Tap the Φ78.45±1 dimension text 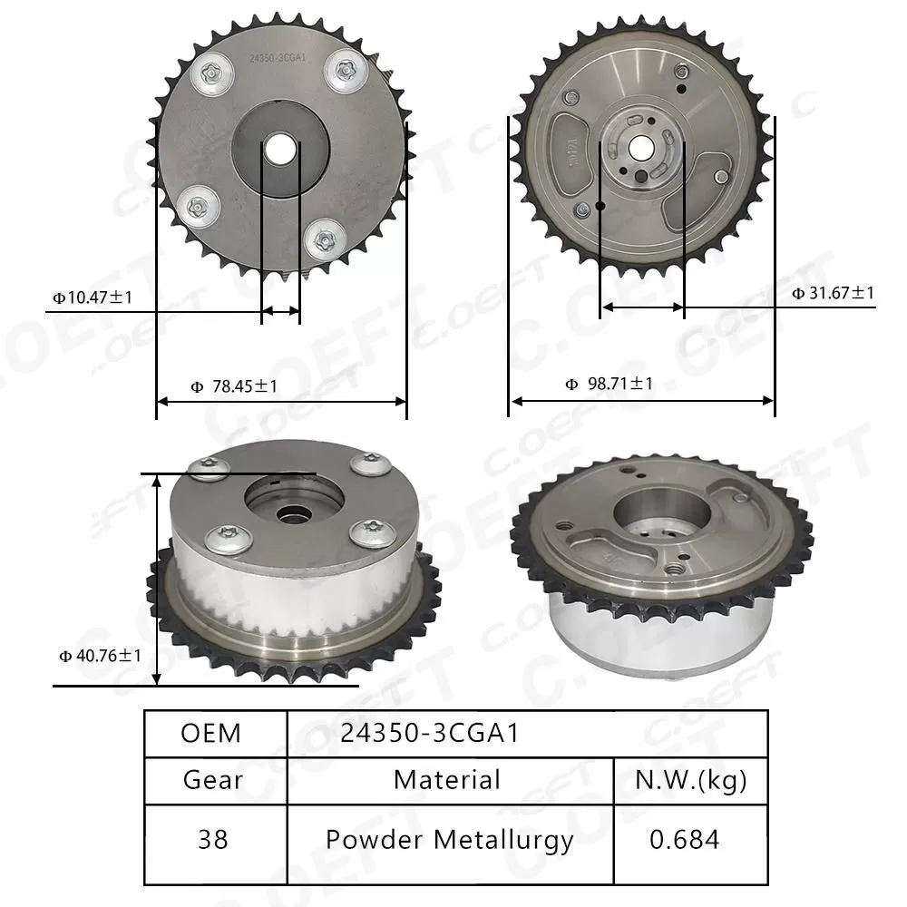click(x=234, y=386)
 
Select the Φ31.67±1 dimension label click(x=833, y=292)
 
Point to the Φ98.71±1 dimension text click(x=609, y=384)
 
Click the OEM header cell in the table click(x=211, y=733)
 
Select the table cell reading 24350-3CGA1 click(x=430, y=733)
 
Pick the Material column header click(x=446, y=779)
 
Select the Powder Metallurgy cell click(x=449, y=839)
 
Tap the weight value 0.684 click(x=685, y=839)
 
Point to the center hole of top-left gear click(x=279, y=148)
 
